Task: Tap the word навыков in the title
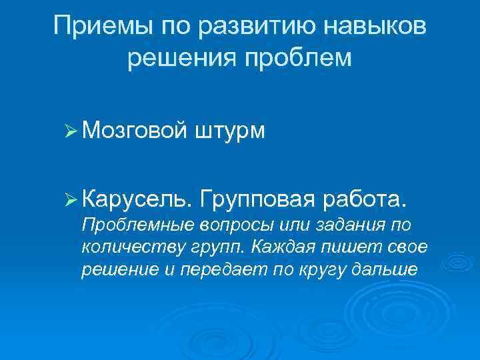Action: click(382, 27)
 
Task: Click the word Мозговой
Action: click(133, 130)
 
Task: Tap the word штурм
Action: click(230, 131)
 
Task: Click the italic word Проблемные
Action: click(135, 223)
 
